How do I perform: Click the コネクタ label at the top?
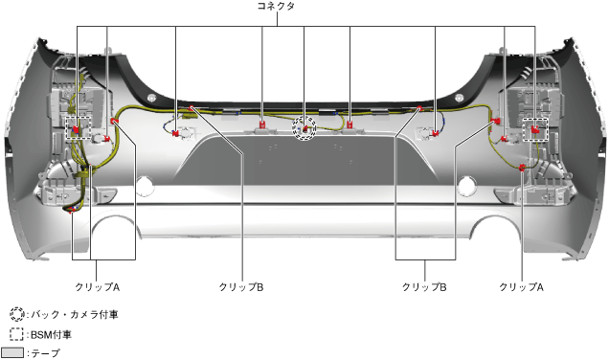coord(276,6)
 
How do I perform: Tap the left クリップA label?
coord(97,287)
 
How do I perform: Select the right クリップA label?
coord(521,287)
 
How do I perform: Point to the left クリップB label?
coord(241,287)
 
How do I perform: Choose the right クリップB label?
coord(424,287)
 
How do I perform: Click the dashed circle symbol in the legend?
coord(16,314)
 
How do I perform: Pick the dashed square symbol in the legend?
coord(16,334)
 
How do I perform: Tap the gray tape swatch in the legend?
coord(12,352)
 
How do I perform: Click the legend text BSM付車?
coord(51,335)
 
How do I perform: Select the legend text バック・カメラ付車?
coord(74,315)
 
